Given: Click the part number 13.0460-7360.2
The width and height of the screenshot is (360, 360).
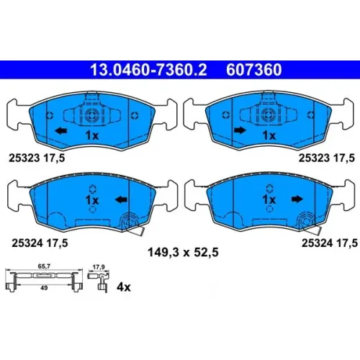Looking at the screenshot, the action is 148,70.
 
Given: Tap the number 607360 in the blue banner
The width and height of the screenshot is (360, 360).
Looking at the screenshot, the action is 254,70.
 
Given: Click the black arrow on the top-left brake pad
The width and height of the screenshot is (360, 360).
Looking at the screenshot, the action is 61,131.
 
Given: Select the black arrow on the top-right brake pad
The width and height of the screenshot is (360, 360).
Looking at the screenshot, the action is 240,130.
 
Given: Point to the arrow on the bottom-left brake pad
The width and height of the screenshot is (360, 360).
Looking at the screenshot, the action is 121,199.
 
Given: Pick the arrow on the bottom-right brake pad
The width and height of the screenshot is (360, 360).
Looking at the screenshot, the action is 297,199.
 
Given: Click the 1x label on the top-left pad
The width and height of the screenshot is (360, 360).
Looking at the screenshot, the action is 92,135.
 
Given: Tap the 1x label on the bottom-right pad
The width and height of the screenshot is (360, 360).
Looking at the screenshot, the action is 269,199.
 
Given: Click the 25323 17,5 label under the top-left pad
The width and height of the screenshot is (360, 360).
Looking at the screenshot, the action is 37,158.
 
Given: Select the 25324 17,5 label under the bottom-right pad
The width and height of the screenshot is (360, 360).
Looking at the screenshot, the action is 330,243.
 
